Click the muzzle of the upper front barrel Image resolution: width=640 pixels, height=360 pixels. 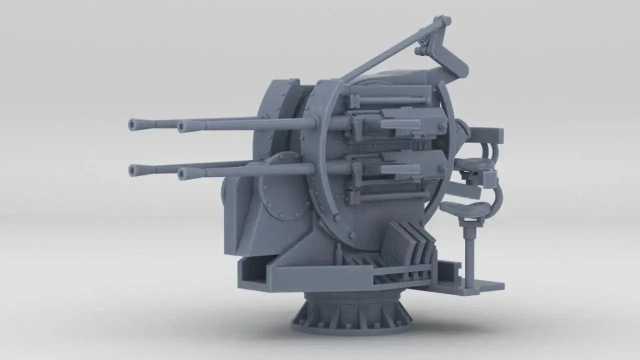point(183,126)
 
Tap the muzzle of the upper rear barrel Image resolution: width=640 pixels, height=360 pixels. point(133,124)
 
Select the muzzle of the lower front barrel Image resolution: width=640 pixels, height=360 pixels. point(183,174)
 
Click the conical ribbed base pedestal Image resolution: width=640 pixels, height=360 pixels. point(352,312)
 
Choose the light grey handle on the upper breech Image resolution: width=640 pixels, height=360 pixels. point(400,124)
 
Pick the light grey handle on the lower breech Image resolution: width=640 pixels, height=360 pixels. point(400,169)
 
